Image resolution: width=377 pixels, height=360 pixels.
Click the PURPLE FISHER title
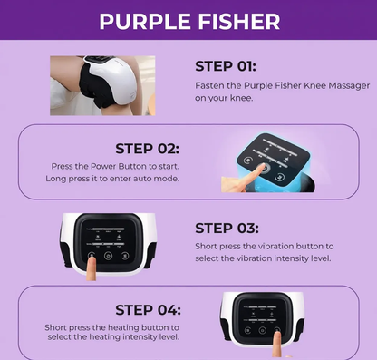pyautogui.click(x=188, y=21)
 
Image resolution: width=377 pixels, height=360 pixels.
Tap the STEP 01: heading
pyautogui.click(x=227, y=66)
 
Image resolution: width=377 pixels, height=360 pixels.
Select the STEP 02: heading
pyautogui.click(x=146, y=148)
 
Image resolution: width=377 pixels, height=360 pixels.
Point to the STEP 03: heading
pyautogui.click(x=227, y=229)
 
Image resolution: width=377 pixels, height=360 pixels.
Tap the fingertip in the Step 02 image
pyautogui.click(x=260, y=169)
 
